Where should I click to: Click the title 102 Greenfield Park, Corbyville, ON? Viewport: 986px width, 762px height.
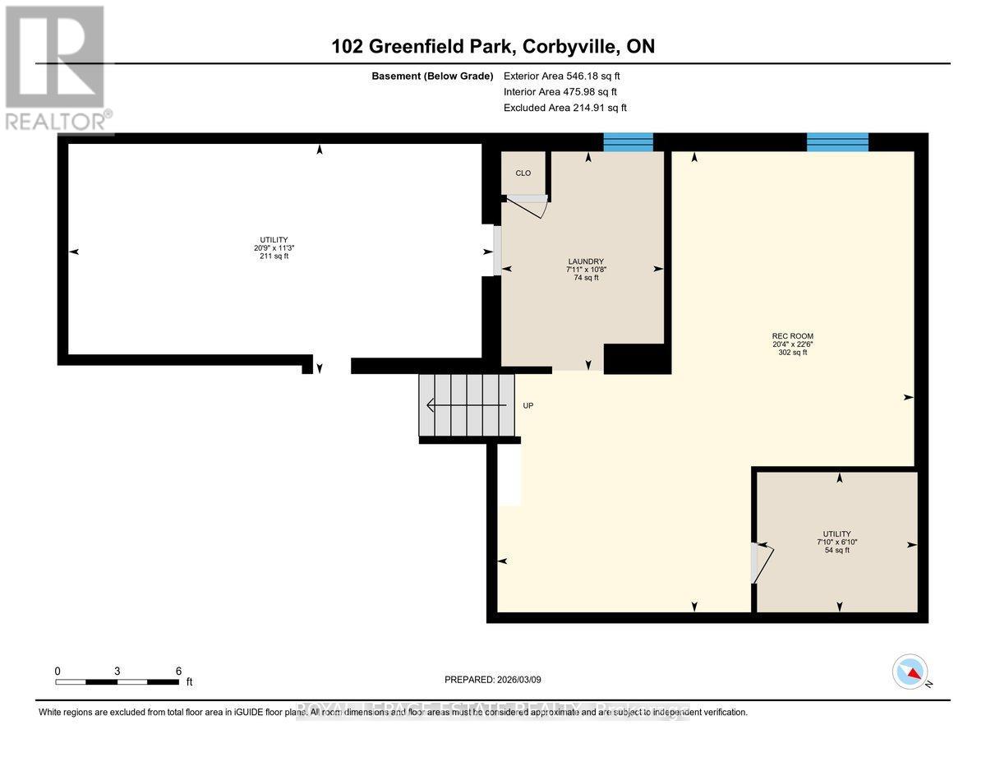tap(493, 46)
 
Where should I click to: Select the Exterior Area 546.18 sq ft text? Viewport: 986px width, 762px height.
tap(561, 76)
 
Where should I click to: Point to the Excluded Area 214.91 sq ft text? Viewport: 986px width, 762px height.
tap(564, 108)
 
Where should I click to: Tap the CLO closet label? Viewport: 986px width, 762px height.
tap(523, 173)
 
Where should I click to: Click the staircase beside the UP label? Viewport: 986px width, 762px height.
tap(467, 404)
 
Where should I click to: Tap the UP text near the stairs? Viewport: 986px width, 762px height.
tap(528, 405)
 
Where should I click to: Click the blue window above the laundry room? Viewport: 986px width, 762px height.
tap(628, 142)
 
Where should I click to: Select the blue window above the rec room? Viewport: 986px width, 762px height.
tap(837, 142)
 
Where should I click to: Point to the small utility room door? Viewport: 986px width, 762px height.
tap(762, 563)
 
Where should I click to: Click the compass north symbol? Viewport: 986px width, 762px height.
tap(910, 671)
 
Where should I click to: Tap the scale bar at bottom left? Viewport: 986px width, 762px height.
tap(117, 682)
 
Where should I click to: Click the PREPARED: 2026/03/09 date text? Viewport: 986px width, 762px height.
tap(493, 680)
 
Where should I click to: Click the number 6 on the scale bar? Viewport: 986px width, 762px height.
tap(178, 671)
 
